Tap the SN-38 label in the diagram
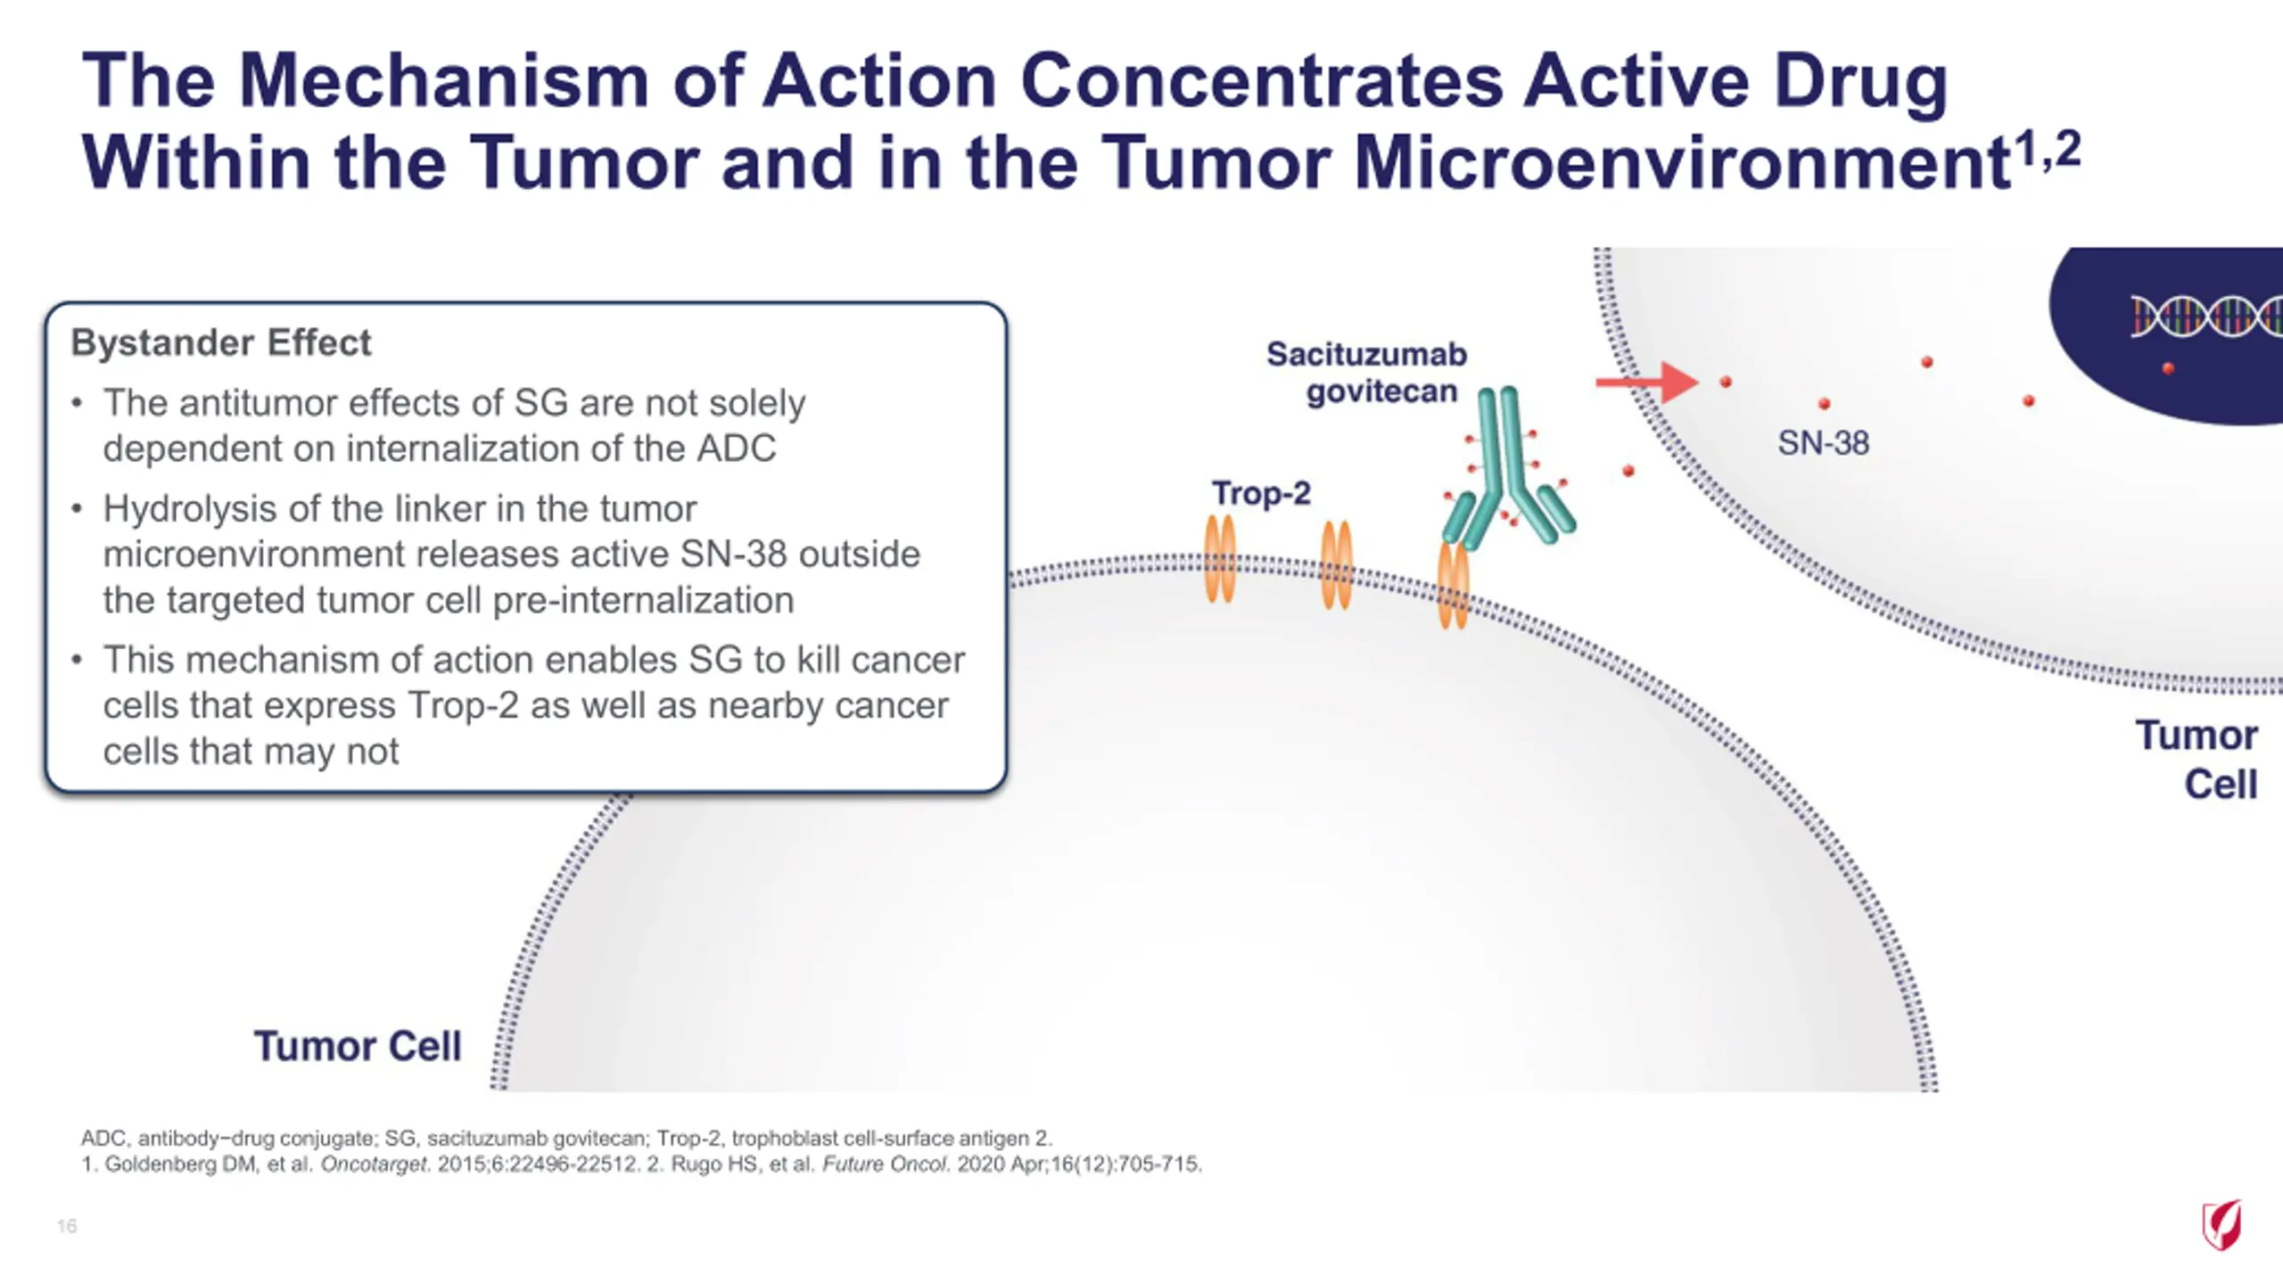(1823, 443)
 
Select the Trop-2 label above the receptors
(1261, 493)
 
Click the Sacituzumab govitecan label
(1366, 373)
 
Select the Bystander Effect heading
(221, 342)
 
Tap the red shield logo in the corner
(2221, 1225)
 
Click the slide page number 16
(67, 1226)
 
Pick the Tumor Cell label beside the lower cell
(358, 1046)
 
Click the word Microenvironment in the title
(1681, 163)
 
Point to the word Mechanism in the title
(443, 80)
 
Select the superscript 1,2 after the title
(2048, 148)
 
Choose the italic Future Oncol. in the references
(886, 1165)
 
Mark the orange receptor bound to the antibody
(1454, 584)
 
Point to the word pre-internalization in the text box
(643, 601)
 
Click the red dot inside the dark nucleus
(2168, 368)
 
